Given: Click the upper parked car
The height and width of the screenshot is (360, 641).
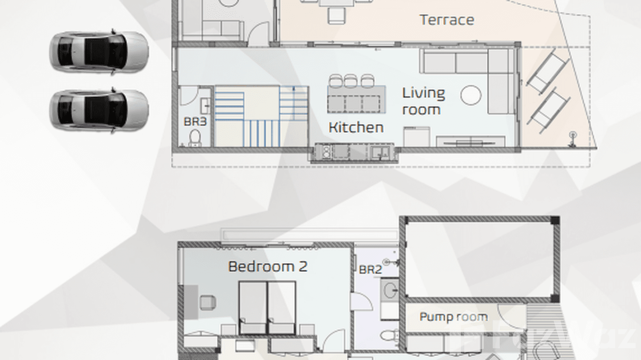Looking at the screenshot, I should [x=98, y=52].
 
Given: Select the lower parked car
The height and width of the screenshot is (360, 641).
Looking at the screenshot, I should [x=98, y=110].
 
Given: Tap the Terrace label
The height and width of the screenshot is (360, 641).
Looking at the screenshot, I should [x=447, y=20].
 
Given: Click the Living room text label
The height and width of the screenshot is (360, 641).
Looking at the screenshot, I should [x=423, y=101].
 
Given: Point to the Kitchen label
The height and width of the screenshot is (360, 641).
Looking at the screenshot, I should [x=356, y=127].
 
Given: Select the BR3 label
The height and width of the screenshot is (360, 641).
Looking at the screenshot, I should [x=195, y=122].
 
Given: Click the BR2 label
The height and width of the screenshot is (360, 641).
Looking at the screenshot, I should [x=370, y=270].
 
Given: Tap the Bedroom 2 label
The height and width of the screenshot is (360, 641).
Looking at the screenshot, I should [x=267, y=266].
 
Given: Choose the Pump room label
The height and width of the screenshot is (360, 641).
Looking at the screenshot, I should [x=453, y=317].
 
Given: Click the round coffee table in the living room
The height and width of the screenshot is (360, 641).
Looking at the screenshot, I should [x=471, y=95].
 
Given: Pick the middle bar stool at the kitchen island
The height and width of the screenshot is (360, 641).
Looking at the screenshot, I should [x=350, y=81].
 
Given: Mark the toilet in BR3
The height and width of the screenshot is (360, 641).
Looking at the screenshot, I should [x=194, y=138].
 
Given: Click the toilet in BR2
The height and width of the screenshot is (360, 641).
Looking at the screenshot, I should [x=390, y=335].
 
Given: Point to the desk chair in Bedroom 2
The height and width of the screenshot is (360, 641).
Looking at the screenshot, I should [x=208, y=302].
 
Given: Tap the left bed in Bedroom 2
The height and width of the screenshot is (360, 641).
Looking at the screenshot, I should [x=253, y=307].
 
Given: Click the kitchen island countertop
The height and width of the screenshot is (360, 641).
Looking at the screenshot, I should [x=356, y=99].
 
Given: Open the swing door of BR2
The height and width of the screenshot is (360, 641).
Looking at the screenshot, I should [x=361, y=302].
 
